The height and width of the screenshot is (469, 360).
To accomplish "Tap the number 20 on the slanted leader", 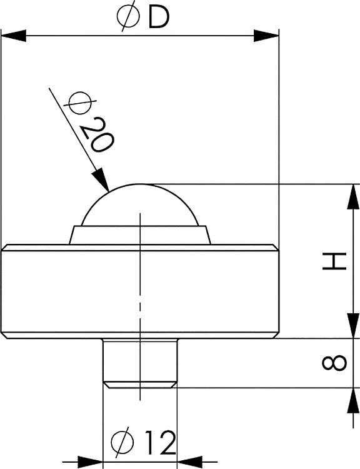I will coord(97,133).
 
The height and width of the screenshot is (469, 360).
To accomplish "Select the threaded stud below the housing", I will coord(140,360).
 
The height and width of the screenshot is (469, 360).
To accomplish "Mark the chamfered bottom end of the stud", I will coord(140,384).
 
